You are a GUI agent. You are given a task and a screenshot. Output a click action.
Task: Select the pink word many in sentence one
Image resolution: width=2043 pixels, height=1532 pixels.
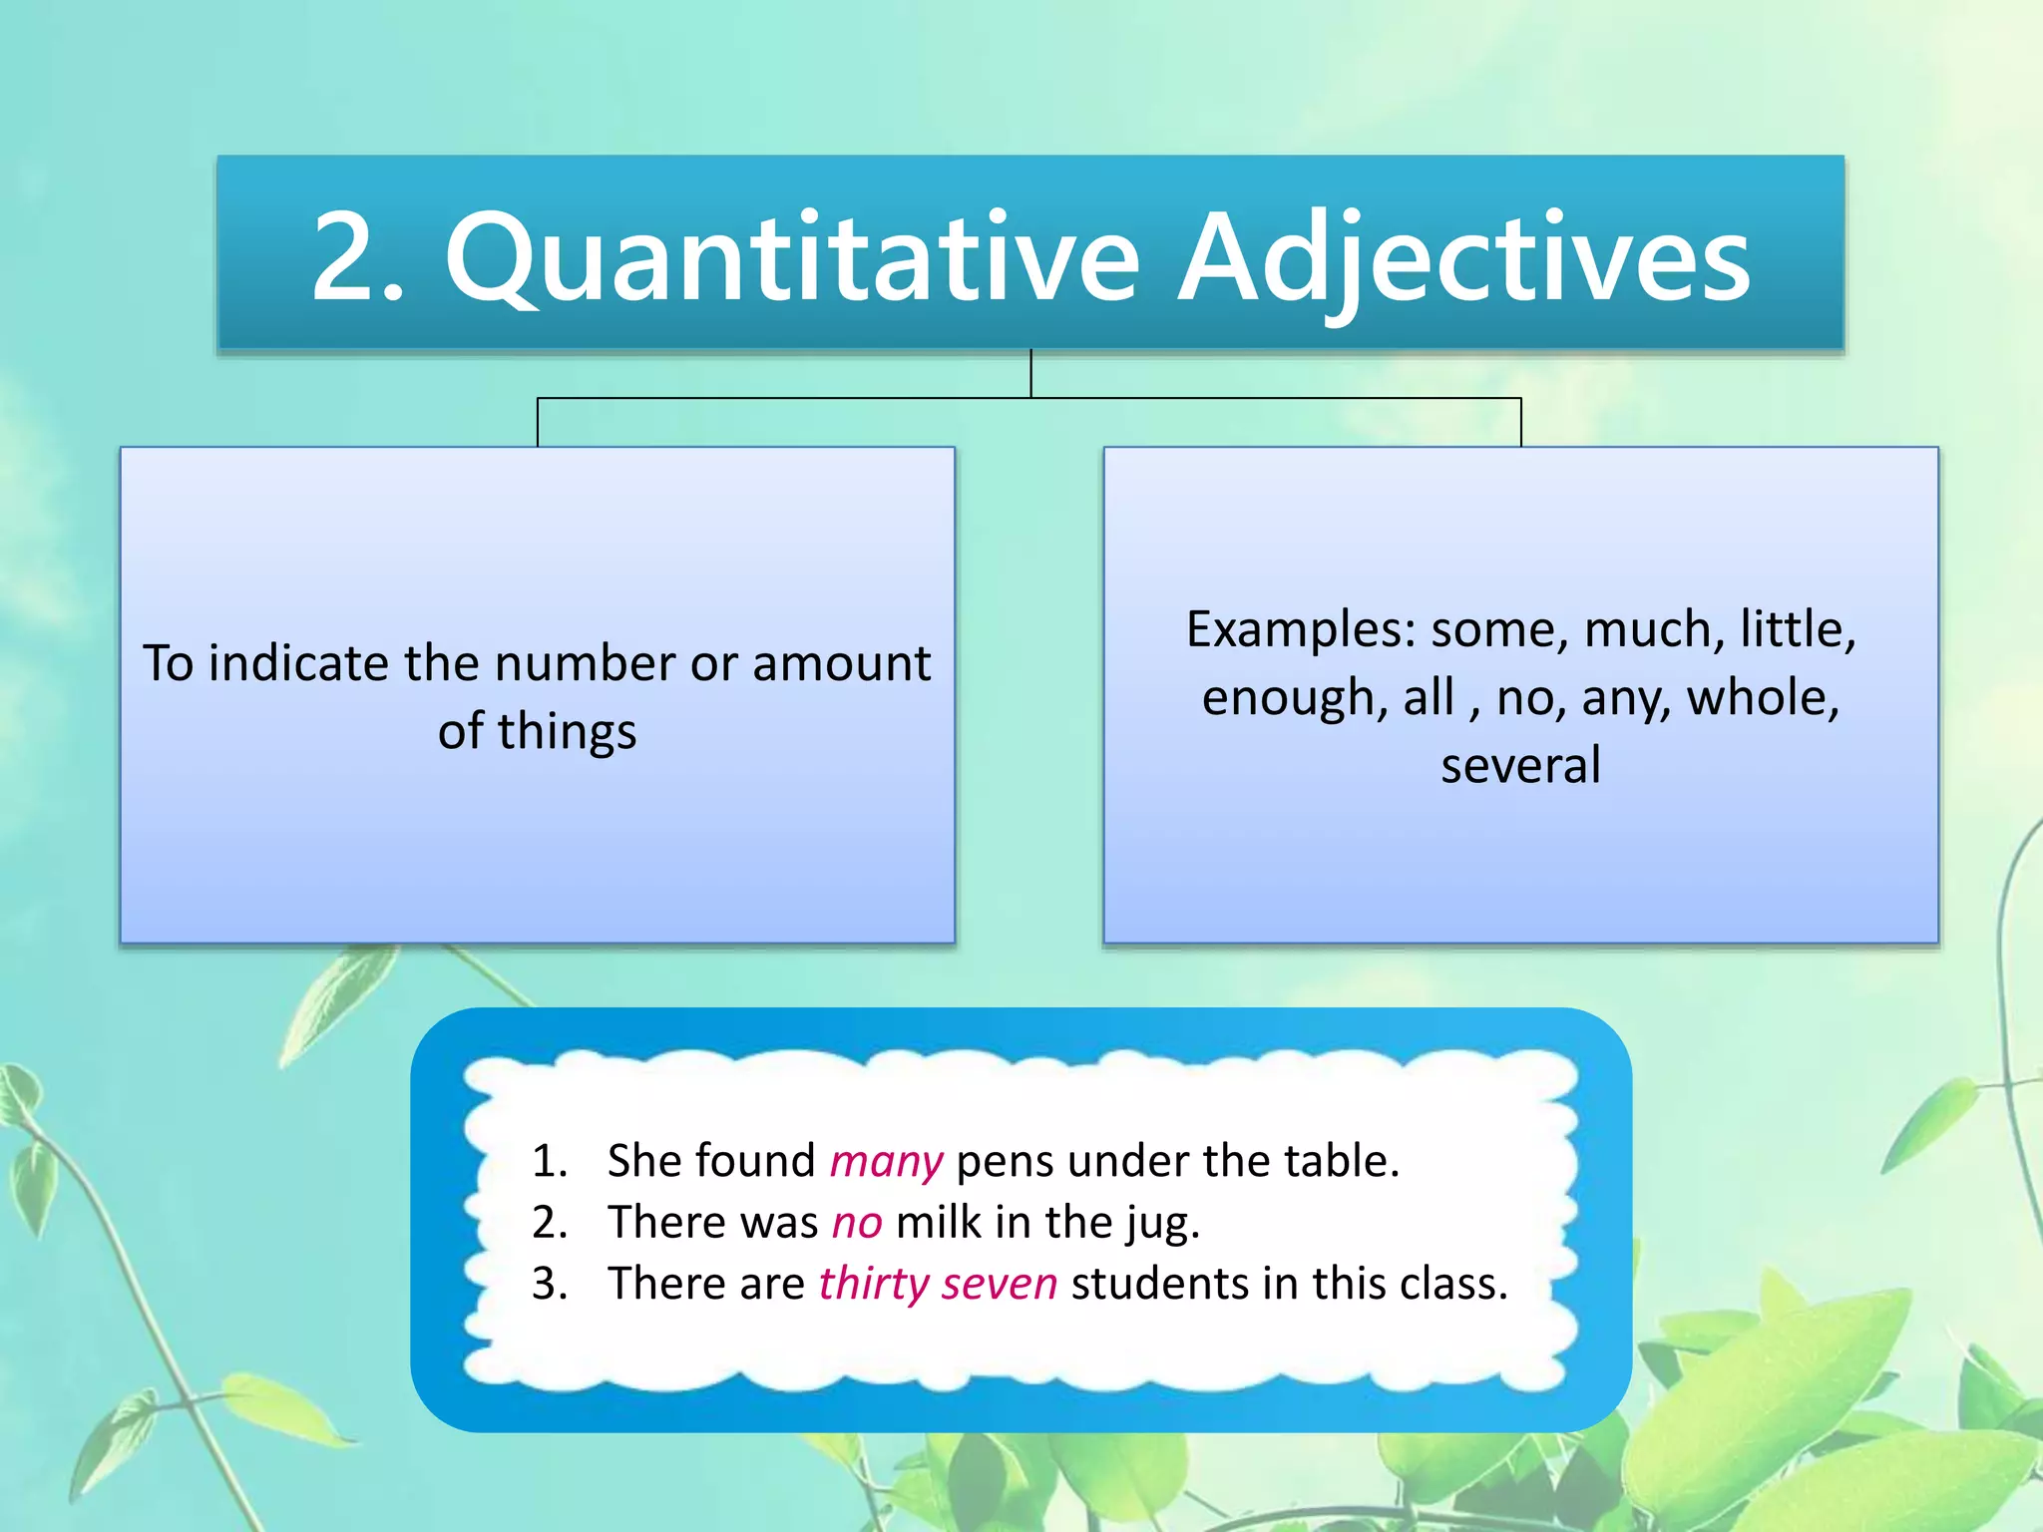[886, 1162]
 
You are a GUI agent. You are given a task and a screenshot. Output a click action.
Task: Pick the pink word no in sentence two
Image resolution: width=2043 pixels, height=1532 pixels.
[857, 1223]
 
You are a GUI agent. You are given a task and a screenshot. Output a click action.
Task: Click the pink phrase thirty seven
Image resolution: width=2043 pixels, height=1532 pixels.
[938, 1284]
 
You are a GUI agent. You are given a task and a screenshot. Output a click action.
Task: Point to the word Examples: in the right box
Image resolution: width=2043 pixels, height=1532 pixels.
[1301, 630]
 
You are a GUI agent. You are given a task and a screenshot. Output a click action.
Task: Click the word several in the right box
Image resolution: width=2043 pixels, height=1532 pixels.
[1520, 766]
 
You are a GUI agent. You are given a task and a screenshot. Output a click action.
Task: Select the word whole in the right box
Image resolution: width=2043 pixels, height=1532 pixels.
[1763, 697]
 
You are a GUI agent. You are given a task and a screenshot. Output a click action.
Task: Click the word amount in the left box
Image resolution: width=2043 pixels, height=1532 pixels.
[841, 664]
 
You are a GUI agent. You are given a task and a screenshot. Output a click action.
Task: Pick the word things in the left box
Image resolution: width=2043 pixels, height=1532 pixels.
[567, 732]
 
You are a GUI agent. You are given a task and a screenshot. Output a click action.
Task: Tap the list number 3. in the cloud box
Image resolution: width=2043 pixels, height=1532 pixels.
[550, 1284]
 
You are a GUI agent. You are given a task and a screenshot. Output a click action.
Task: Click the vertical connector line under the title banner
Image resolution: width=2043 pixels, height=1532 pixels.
[1030, 374]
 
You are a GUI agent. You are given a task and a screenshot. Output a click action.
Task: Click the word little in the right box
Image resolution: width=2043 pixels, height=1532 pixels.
[1796, 630]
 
